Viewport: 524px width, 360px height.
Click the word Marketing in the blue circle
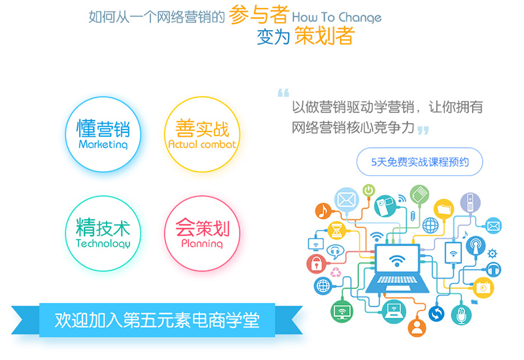click(x=103, y=145)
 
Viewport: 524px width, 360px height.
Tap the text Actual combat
click(x=202, y=144)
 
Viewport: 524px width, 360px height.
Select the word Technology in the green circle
click(x=103, y=243)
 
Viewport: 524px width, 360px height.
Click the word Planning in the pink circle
click(x=202, y=243)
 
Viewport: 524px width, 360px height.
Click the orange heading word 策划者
click(x=324, y=35)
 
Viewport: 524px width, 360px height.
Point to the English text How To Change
click(x=336, y=18)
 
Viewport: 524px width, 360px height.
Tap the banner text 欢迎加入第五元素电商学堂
click(x=157, y=320)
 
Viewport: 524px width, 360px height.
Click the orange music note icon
click(x=323, y=211)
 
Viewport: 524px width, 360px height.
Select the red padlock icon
click(x=316, y=264)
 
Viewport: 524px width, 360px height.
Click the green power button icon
click(x=368, y=190)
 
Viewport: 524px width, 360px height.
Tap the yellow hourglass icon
click(x=336, y=230)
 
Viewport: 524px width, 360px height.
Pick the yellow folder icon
click(x=444, y=209)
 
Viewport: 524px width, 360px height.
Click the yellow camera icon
click(x=483, y=287)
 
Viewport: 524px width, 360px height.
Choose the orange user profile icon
click(x=417, y=327)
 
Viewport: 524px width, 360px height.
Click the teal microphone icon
click(x=461, y=315)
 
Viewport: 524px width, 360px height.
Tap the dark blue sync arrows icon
click(x=436, y=314)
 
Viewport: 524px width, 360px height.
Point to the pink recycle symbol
click(x=336, y=272)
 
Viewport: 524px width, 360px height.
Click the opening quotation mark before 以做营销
click(x=283, y=92)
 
